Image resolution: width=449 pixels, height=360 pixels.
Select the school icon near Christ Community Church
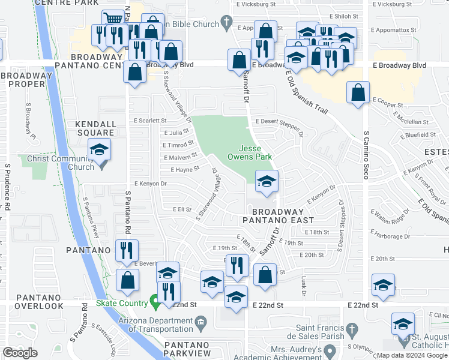[x=100, y=150]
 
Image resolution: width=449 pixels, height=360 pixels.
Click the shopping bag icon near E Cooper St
[x=358, y=93]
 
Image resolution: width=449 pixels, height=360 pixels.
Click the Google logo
[x=20, y=353]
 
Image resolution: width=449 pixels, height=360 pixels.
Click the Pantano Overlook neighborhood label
[x=32, y=301]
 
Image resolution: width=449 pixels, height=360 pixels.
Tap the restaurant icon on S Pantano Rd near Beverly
[x=126, y=250]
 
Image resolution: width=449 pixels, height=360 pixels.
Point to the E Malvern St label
[x=179, y=157]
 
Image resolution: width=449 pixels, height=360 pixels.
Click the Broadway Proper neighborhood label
[x=27, y=79]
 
